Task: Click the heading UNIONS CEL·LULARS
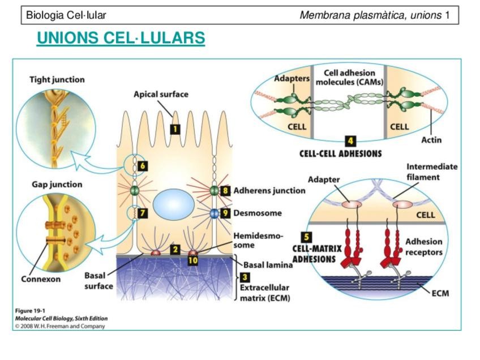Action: tap(121, 38)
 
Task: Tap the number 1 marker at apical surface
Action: tap(175, 128)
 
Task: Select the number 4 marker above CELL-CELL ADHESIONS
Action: tap(351, 141)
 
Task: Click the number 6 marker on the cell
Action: tap(143, 166)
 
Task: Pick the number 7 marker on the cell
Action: tap(143, 213)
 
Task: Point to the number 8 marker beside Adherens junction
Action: tap(225, 191)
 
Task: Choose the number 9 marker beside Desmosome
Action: tap(225, 213)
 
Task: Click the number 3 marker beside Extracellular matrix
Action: tap(245, 277)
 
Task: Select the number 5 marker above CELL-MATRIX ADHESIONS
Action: tap(306, 238)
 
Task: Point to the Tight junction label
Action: tap(57, 80)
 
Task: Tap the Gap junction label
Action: tap(57, 185)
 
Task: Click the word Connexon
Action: tap(41, 279)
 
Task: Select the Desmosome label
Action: tap(258, 213)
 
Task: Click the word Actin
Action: tap(431, 139)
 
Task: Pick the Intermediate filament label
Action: tap(432, 172)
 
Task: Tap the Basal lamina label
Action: tap(268, 264)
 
